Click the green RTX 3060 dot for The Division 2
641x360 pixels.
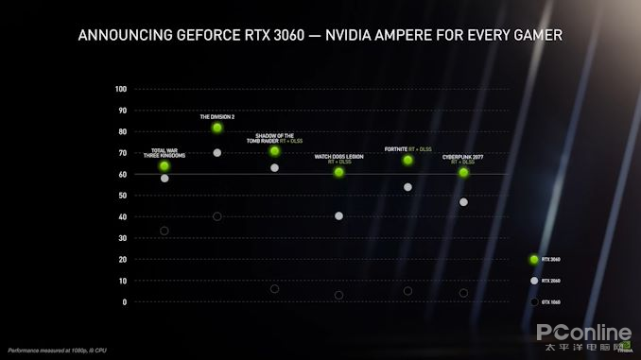tap(217, 128)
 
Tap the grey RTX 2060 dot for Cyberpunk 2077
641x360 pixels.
tap(463, 202)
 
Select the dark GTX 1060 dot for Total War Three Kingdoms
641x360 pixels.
tap(165, 231)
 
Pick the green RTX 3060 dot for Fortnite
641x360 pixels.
tap(407, 160)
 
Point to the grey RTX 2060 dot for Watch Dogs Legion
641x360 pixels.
tap(338, 216)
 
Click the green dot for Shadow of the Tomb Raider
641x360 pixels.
tap(274, 151)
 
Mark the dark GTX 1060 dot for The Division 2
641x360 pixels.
tap(217, 216)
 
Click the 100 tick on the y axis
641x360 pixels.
tap(120, 89)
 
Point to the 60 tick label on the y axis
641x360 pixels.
tap(121, 174)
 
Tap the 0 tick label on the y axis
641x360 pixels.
tap(123, 301)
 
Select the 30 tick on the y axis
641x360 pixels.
tap(121, 238)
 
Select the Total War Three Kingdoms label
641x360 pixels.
tap(165, 152)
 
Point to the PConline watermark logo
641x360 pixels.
tap(583, 334)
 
